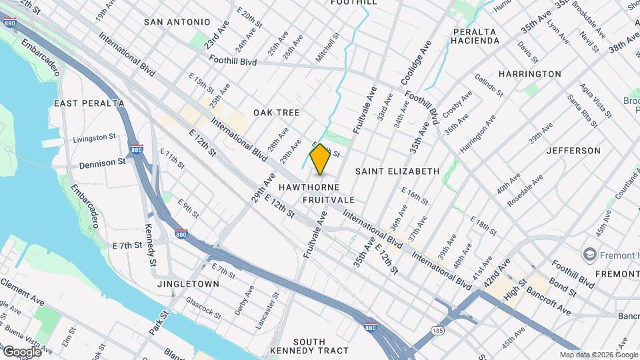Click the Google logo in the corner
click(x=21, y=351)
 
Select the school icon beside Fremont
click(x=589, y=254)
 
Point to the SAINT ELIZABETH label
click(x=397, y=171)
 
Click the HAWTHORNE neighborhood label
click(x=309, y=187)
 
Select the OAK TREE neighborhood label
click(x=276, y=113)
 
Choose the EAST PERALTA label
click(x=89, y=103)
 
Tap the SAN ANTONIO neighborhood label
click(x=177, y=22)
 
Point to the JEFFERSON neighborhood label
click(x=573, y=151)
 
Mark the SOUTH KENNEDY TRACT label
click(x=309, y=346)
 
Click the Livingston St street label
click(x=94, y=138)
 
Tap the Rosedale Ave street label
click(x=525, y=191)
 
